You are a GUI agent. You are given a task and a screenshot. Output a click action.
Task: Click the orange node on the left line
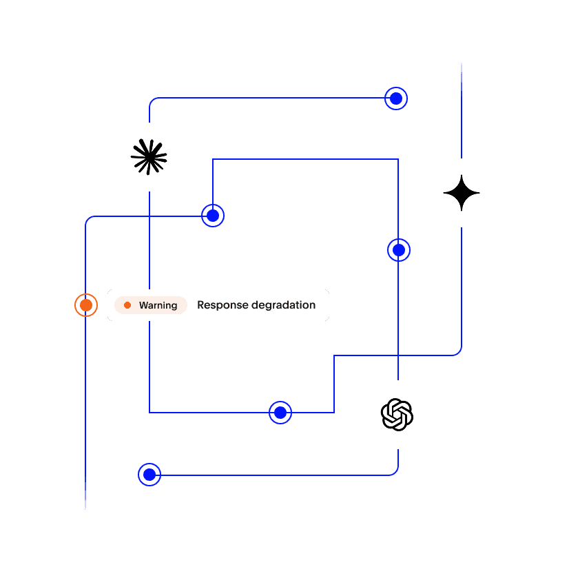point(85,304)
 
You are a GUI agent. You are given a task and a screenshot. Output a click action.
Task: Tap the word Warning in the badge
point(158,305)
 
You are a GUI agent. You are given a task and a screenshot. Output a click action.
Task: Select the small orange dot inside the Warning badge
point(127,305)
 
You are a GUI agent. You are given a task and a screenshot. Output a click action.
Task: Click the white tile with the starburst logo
point(149,157)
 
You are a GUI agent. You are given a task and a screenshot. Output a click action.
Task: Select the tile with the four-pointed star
point(462,193)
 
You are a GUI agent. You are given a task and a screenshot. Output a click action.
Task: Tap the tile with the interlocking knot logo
point(397,415)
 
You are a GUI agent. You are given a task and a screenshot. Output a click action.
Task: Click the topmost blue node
point(396,99)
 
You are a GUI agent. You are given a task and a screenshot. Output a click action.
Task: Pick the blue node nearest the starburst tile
point(213,216)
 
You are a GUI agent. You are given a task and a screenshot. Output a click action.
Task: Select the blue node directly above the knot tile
point(399,250)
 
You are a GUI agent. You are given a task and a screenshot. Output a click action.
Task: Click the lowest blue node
point(149,475)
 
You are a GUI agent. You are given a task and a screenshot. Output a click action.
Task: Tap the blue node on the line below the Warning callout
point(280,413)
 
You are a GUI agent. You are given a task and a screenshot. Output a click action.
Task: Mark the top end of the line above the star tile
point(462,64)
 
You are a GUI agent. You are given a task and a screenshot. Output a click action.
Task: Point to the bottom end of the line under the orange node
point(85,508)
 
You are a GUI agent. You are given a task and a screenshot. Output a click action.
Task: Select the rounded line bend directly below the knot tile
point(395,472)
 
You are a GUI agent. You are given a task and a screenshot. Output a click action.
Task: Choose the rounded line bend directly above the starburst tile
point(152,101)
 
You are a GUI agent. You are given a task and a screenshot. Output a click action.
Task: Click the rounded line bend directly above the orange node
point(88,219)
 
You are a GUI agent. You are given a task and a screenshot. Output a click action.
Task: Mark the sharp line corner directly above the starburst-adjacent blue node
point(213,160)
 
